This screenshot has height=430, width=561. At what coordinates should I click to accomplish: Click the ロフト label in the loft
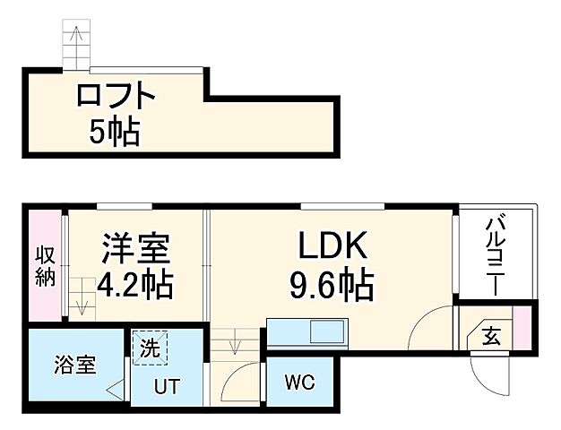pos(116,95)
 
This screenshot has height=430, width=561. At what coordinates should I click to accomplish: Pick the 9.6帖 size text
pos(331,287)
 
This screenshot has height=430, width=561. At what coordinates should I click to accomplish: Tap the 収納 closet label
pos(45,265)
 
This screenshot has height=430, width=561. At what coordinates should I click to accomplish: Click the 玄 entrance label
pos(491,337)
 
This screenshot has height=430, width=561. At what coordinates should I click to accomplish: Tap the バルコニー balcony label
pos(496,255)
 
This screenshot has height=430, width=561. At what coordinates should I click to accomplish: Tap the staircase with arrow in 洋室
pos(83,296)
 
